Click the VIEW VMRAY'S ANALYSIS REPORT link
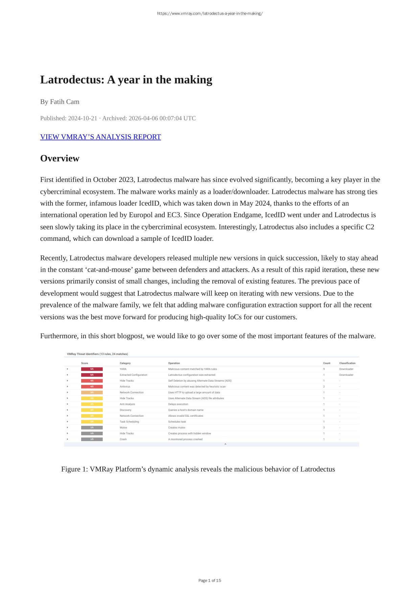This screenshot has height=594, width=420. (x=100, y=137)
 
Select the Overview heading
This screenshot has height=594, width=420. (x=60, y=158)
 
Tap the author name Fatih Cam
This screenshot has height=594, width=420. (x=65, y=102)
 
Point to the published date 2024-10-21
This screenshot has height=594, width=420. (x=83, y=118)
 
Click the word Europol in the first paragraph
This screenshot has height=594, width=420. (x=141, y=215)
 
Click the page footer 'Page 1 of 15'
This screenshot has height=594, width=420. (x=210, y=580)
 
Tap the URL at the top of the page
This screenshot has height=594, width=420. (x=210, y=14)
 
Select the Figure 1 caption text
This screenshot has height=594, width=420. (x=198, y=469)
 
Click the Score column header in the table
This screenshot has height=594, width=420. (x=85, y=363)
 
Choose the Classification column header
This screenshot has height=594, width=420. (x=347, y=363)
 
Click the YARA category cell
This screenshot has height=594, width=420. (x=123, y=369)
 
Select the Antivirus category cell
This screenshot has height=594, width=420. (x=125, y=387)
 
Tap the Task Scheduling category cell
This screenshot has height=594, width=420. (x=129, y=422)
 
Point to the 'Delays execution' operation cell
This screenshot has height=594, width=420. (x=178, y=404)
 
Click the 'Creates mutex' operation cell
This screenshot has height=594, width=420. (x=177, y=428)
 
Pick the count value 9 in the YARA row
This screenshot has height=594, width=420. (x=324, y=369)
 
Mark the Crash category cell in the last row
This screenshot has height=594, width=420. (x=123, y=439)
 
